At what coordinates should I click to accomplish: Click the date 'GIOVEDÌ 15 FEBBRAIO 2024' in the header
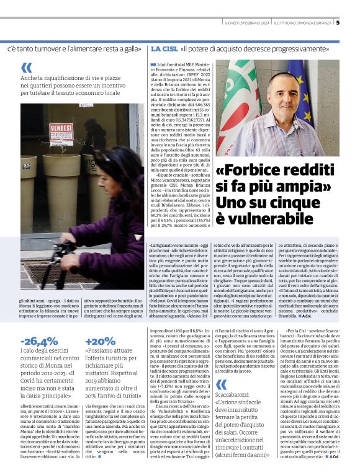tap(247, 24)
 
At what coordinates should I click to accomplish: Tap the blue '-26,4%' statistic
tap(39, 342)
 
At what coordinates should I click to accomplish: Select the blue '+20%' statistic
tap(100, 342)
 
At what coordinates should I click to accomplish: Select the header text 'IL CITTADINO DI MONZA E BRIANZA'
tap(300, 24)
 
